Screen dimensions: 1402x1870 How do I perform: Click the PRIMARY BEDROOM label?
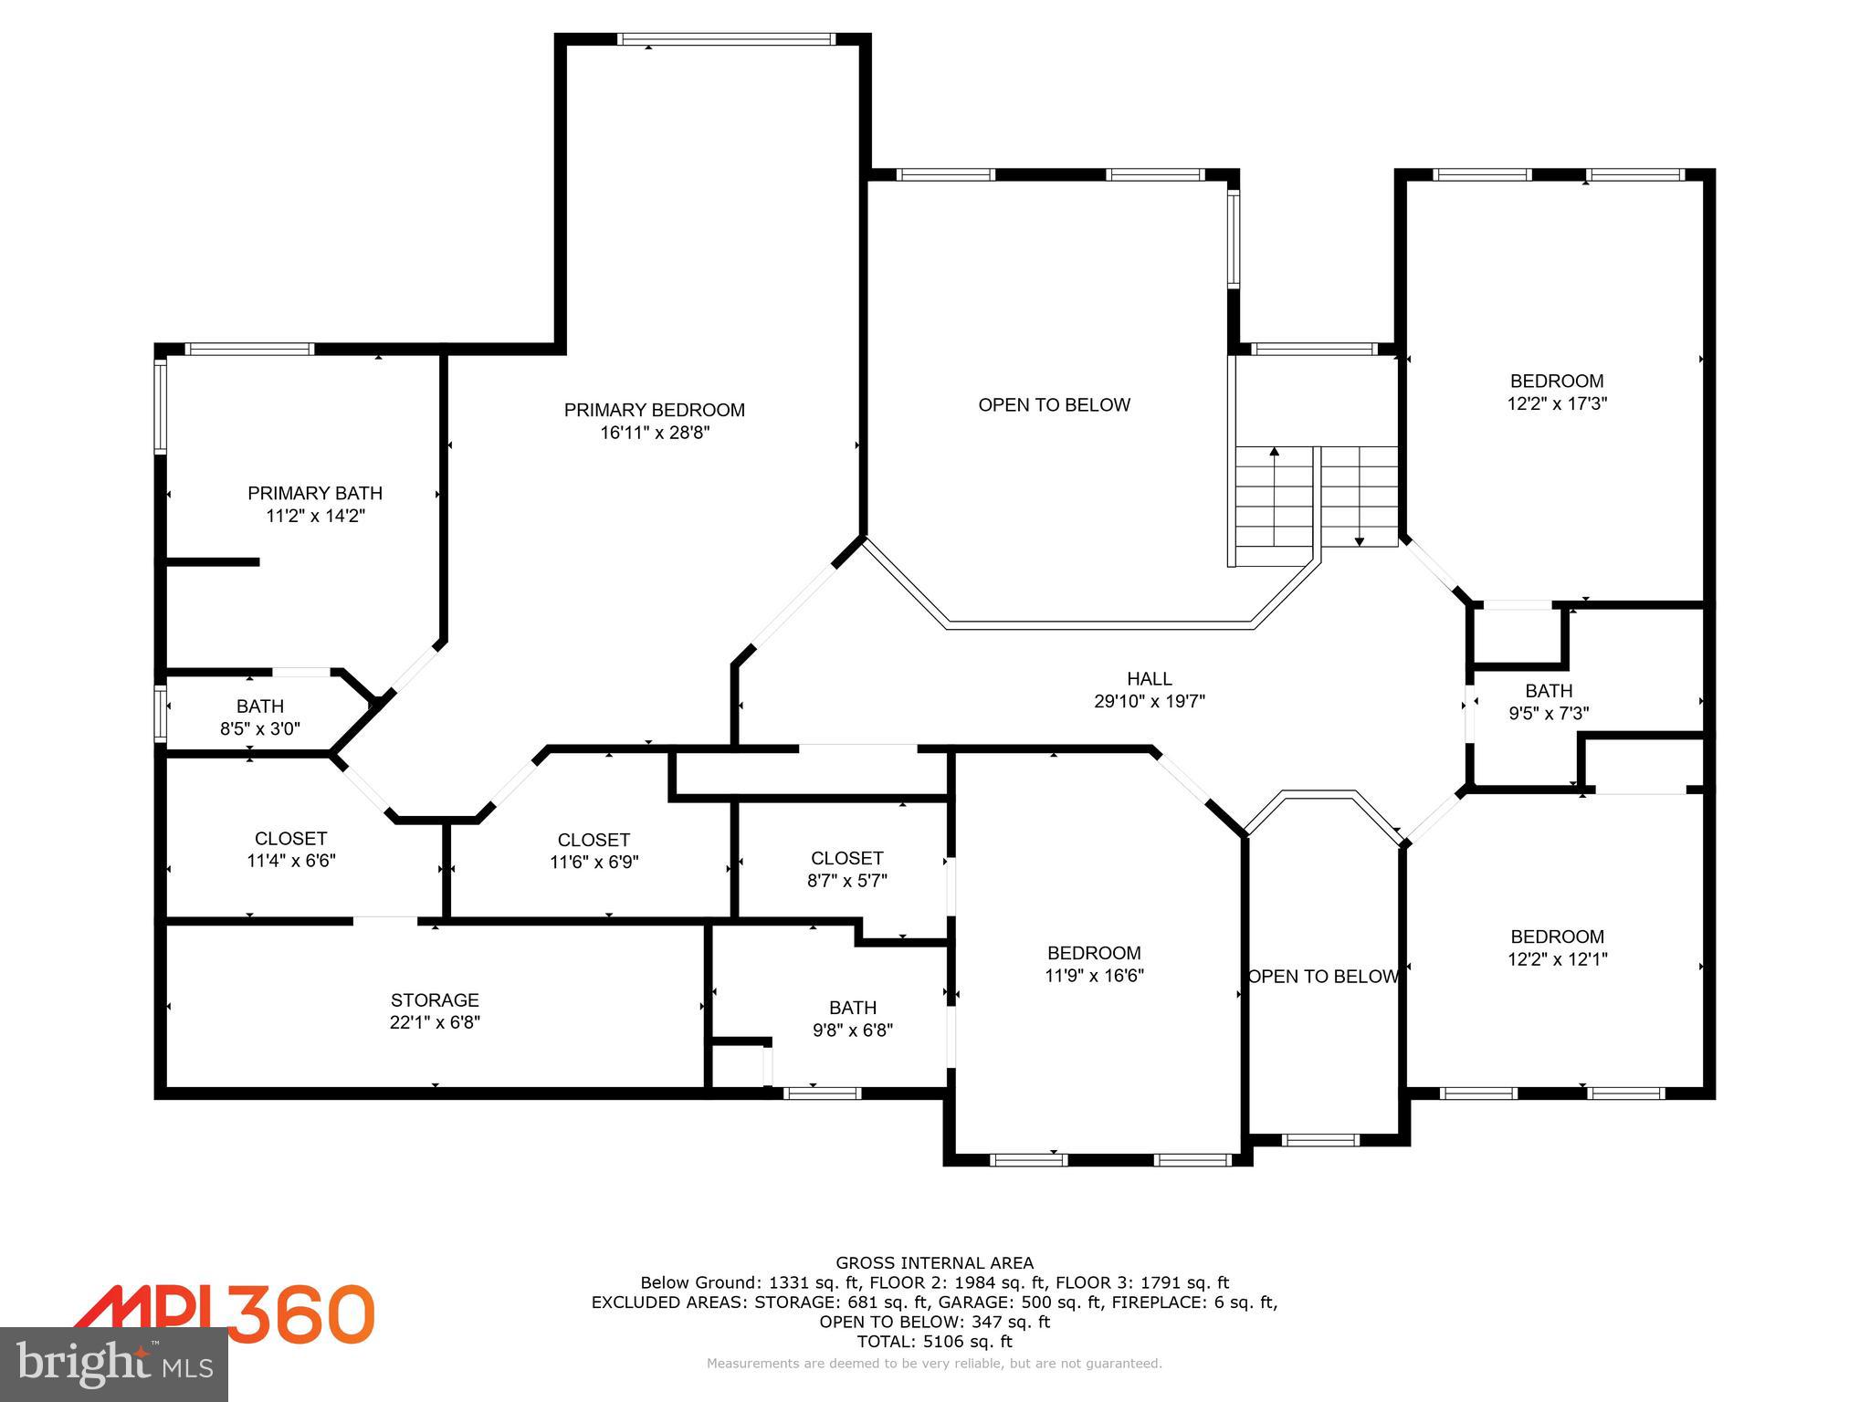(654, 410)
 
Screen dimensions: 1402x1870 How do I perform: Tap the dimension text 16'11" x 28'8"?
(654, 433)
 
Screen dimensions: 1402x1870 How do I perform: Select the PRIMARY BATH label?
(315, 493)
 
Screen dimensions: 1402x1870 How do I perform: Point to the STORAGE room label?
(435, 999)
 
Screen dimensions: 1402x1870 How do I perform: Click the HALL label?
(1149, 678)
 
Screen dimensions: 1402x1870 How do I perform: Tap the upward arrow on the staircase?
(1274, 452)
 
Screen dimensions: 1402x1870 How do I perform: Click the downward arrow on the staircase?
(1359, 540)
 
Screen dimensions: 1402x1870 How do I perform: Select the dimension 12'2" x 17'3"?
(1557, 403)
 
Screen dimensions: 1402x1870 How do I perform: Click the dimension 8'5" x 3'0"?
(259, 728)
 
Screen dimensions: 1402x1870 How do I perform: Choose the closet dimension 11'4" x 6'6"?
(290, 861)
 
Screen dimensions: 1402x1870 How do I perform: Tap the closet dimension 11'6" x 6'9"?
(594, 862)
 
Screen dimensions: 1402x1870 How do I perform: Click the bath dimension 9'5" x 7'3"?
(1548, 714)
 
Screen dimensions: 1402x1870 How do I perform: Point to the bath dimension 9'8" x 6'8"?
(852, 1031)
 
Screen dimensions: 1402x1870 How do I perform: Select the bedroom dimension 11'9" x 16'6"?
(1094, 976)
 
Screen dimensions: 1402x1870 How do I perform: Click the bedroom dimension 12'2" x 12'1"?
(1557, 959)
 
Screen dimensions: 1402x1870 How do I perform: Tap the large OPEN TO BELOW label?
(1054, 404)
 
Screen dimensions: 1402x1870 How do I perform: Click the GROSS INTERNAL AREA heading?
(934, 1263)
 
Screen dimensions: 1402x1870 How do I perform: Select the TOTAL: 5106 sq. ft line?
(934, 1342)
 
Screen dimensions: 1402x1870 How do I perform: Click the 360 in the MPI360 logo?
(300, 1313)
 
